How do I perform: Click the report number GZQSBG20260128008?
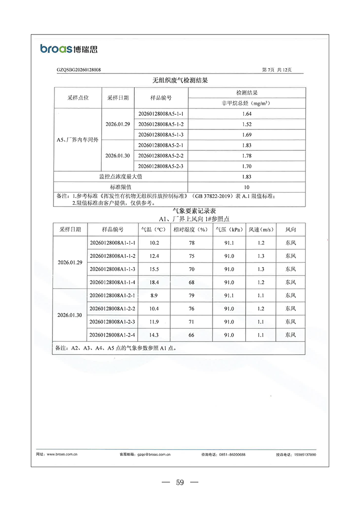pyautogui.click(x=79, y=70)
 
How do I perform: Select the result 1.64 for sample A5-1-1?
pyautogui.click(x=247, y=114)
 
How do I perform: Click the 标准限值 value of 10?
pyautogui.click(x=247, y=187)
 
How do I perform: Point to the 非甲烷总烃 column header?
pyautogui.click(x=246, y=103)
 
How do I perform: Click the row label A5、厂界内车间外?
pyautogui.click(x=78, y=140)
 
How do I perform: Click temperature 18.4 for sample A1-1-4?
pyautogui.click(x=154, y=282)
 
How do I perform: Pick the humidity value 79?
pyautogui.click(x=192, y=295)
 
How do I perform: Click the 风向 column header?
pyautogui.click(x=290, y=229)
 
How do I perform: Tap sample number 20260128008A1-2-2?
pyautogui.click(x=112, y=309)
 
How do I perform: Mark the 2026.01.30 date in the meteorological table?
pyautogui.click(x=70, y=315)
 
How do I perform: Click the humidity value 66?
pyautogui.click(x=192, y=335)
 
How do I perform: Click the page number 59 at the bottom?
pyautogui.click(x=180, y=483)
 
